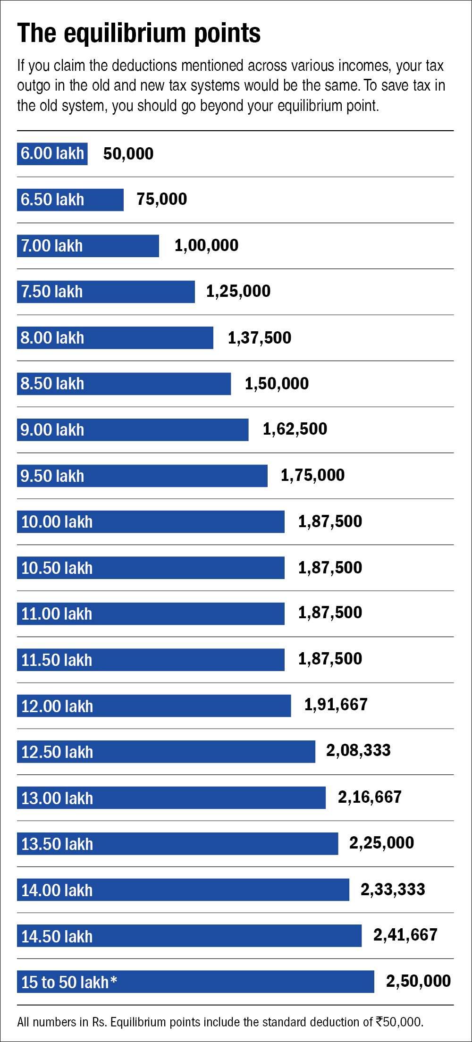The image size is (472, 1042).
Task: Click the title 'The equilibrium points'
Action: (139, 33)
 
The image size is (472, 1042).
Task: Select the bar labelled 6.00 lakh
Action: (52, 154)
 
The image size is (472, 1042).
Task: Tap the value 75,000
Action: (162, 199)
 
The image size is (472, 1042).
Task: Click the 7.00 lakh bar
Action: (88, 246)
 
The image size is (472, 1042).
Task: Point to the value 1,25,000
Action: (238, 291)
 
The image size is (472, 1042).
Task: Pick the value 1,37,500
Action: (260, 338)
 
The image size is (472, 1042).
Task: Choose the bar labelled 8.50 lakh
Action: (124, 384)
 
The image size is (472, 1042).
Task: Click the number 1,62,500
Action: (295, 429)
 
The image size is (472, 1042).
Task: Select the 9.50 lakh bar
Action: (142, 476)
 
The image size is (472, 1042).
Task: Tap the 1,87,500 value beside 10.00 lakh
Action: (330, 521)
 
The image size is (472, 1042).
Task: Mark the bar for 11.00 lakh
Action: (151, 613)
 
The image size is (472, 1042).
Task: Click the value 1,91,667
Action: (336, 705)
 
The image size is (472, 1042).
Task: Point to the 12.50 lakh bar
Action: (166, 751)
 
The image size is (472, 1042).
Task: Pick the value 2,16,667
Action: (370, 797)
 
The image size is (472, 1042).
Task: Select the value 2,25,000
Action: (381, 843)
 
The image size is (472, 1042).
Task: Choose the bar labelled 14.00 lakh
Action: (183, 890)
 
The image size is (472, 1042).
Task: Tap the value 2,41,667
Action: (405, 935)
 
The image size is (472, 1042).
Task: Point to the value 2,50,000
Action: (418, 981)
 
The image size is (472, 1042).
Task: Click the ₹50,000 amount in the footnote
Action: (399, 1022)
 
